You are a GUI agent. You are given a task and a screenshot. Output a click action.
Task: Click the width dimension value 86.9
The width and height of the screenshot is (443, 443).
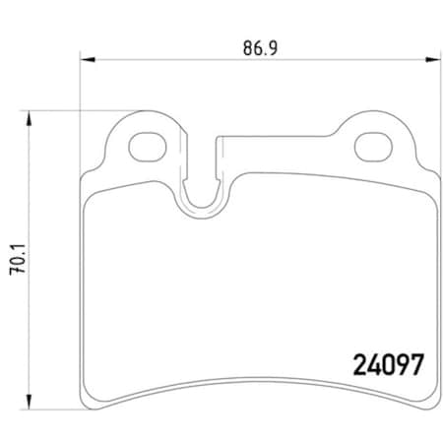pyautogui.click(x=254, y=45)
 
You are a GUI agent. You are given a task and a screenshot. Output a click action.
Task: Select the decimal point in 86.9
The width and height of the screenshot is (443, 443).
pyautogui.click(x=258, y=51)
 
